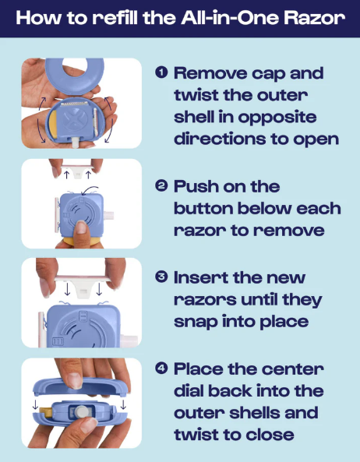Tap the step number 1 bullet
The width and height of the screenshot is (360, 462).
click(x=161, y=72)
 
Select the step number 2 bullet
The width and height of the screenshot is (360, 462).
click(x=161, y=186)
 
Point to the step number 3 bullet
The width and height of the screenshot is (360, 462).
click(x=161, y=277)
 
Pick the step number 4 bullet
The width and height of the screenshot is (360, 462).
click(x=161, y=369)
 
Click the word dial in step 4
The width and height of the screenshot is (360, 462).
click(x=189, y=390)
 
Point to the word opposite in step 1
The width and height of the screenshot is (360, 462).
click(x=277, y=118)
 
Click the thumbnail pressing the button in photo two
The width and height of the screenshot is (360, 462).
click(x=81, y=227)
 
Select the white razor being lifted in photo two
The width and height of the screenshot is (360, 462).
click(x=77, y=171)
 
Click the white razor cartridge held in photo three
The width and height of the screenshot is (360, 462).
click(x=83, y=282)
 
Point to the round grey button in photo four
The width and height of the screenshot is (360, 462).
click(x=80, y=411)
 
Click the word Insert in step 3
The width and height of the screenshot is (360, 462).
click(x=200, y=277)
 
